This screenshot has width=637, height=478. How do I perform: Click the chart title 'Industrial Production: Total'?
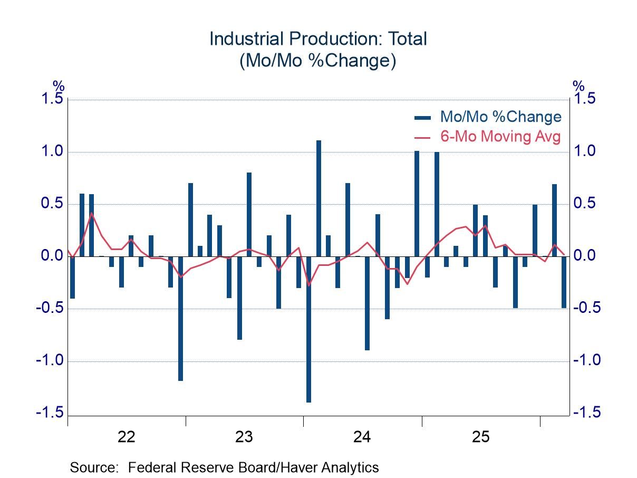pos(318,39)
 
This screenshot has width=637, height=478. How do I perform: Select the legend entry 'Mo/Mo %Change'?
pos(500,117)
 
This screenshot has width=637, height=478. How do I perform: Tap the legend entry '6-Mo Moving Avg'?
pos(500,137)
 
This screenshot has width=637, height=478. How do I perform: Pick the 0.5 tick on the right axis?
pos(586,204)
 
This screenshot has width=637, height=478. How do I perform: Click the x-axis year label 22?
pos(127,437)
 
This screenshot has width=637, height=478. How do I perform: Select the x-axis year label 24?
pos(362,437)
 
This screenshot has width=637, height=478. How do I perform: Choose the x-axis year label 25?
pos(480,437)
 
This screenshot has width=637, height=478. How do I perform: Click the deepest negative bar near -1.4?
pos(308,329)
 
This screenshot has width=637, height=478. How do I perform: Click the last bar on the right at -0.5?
pos(564,282)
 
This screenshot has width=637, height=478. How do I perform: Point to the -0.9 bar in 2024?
pos(368,303)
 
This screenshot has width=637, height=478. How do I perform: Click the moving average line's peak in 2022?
pos(92,213)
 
